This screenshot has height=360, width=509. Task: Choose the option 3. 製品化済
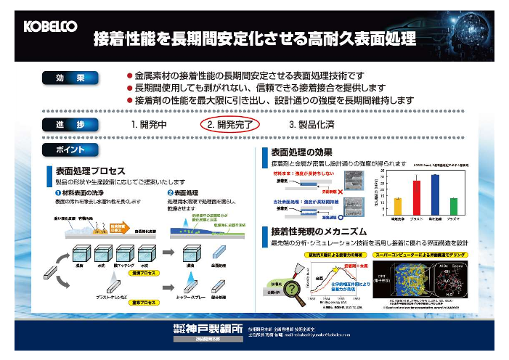click(x=312, y=124)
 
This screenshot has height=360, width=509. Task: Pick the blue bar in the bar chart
click(x=435, y=197)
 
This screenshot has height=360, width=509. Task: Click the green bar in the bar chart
click(x=454, y=208)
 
